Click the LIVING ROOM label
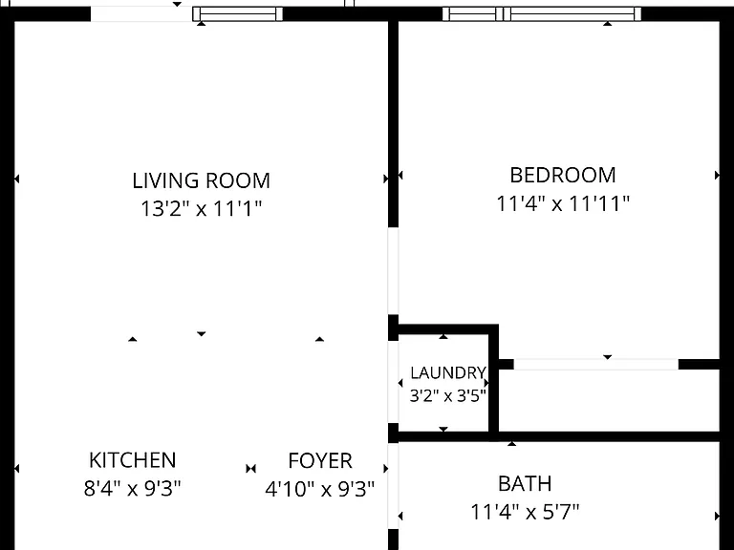(202, 181)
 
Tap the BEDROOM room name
(563, 176)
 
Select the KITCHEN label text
(133, 460)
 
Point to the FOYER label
(320, 460)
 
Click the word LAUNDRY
(448, 372)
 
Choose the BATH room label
(525, 483)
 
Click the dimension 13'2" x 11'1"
(202, 208)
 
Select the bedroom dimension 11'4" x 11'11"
(563, 203)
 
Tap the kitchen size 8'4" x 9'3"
(133, 489)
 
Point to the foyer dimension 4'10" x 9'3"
(320, 489)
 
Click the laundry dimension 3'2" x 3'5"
(448, 396)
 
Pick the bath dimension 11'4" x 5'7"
(525, 512)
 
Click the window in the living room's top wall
(238, 14)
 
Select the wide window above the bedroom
(542, 14)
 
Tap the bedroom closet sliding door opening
(596, 365)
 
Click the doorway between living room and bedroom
(393, 271)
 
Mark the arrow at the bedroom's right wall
(717, 176)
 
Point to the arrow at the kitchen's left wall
(17, 468)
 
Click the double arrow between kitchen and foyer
(251, 468)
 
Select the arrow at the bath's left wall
(400, 516)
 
